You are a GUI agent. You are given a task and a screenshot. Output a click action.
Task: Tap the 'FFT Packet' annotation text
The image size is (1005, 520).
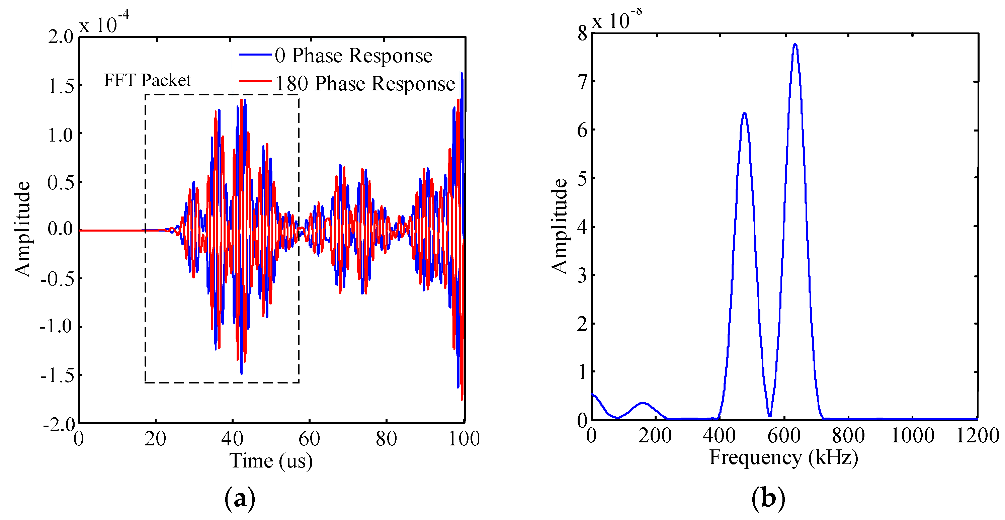tap(148, 80)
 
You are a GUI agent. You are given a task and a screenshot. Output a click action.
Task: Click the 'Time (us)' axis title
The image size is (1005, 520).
tap(271, 461)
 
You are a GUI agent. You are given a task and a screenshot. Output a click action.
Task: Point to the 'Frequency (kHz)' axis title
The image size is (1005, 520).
tap(783, 457)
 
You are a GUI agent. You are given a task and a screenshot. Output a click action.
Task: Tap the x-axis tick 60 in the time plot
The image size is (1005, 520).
tap(309, 439)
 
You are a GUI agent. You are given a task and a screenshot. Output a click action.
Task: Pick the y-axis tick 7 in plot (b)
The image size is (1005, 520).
tap(582, 82)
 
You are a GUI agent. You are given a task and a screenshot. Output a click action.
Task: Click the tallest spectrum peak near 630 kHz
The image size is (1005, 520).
tap(795, 45)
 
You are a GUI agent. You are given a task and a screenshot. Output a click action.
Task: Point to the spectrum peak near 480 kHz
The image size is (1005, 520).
tap(744, 114)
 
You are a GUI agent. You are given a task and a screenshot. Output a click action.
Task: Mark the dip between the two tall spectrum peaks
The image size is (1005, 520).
tap(769, 416)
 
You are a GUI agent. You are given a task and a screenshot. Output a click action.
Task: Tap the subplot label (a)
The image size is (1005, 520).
tap(240, 499)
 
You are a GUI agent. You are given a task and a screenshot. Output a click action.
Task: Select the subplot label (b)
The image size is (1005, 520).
tap(768, 499)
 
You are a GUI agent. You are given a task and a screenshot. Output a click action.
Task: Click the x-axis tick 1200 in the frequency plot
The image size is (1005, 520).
tap(977, 436)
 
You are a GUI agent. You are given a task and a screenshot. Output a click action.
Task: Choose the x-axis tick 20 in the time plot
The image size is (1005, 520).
tap(155, 439)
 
